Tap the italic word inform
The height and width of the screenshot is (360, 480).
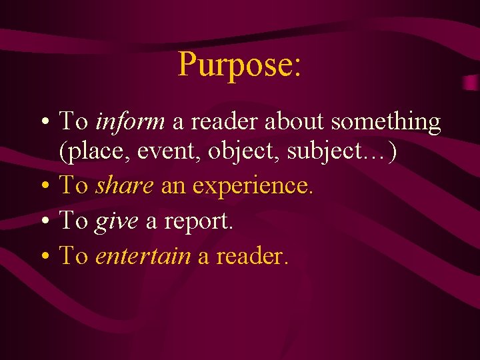pyautogui.click(x=130, y=122)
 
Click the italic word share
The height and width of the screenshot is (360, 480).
pyautogui.click(x=125, y=186)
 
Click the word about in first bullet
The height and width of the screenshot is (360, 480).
pyautogui.click(x=294, y=122)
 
